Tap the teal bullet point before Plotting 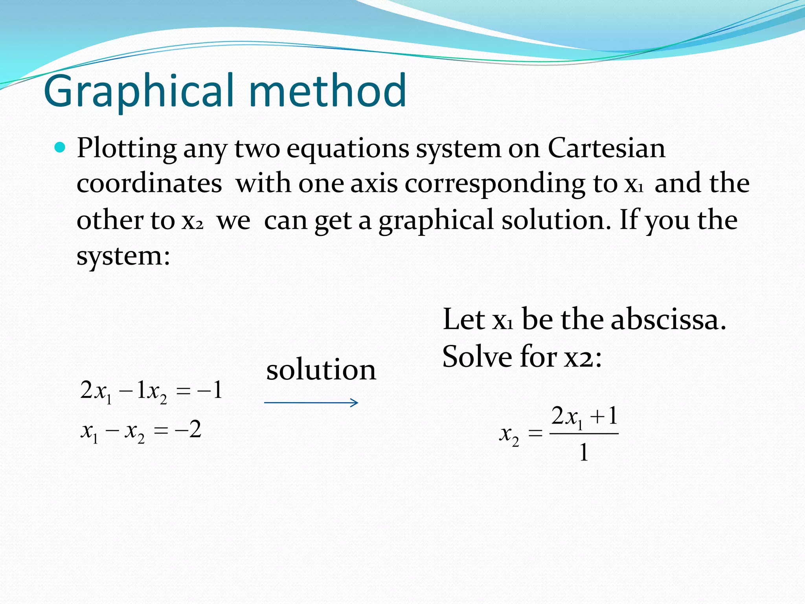pyautogui.click(x=60, y=148)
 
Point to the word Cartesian pyautogui.click(x=606, y=149)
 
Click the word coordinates pyautogui.click(x=149, y=184)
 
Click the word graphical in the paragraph pyautogui.click(x=436, y=220)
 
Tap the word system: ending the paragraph pyautogui.click(x=123, y=256)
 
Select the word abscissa pyautogui.click(x=668, y=319)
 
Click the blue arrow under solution pyautogui.click(x=311, y=402)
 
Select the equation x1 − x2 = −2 pyautogui.click(x=141, y=430)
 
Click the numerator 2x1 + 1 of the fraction pyautogui.click(x=584, y=417)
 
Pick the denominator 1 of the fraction pyautogui.click(x=584, y=452)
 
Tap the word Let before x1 pyautogui.click(x=463, y=319)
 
